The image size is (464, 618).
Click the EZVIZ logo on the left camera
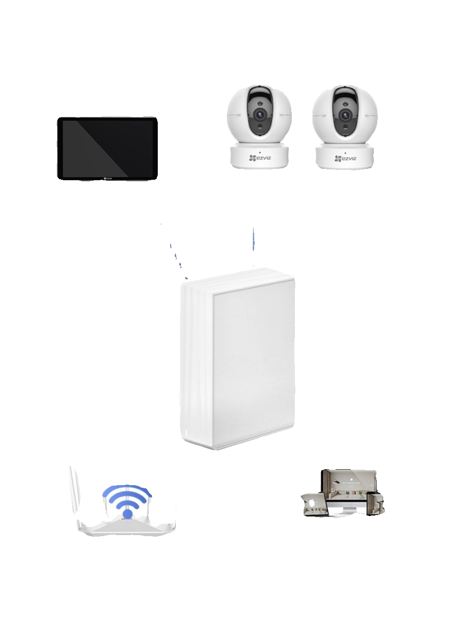(260, 159)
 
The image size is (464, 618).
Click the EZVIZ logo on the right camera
(345, 159)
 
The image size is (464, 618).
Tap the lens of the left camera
(260, 114)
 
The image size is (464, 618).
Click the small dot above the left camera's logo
(260, 151)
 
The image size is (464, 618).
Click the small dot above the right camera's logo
(345, 151)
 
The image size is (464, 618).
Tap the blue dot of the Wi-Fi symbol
(127, 513)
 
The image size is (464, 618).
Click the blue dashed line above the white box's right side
(254, 239)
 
